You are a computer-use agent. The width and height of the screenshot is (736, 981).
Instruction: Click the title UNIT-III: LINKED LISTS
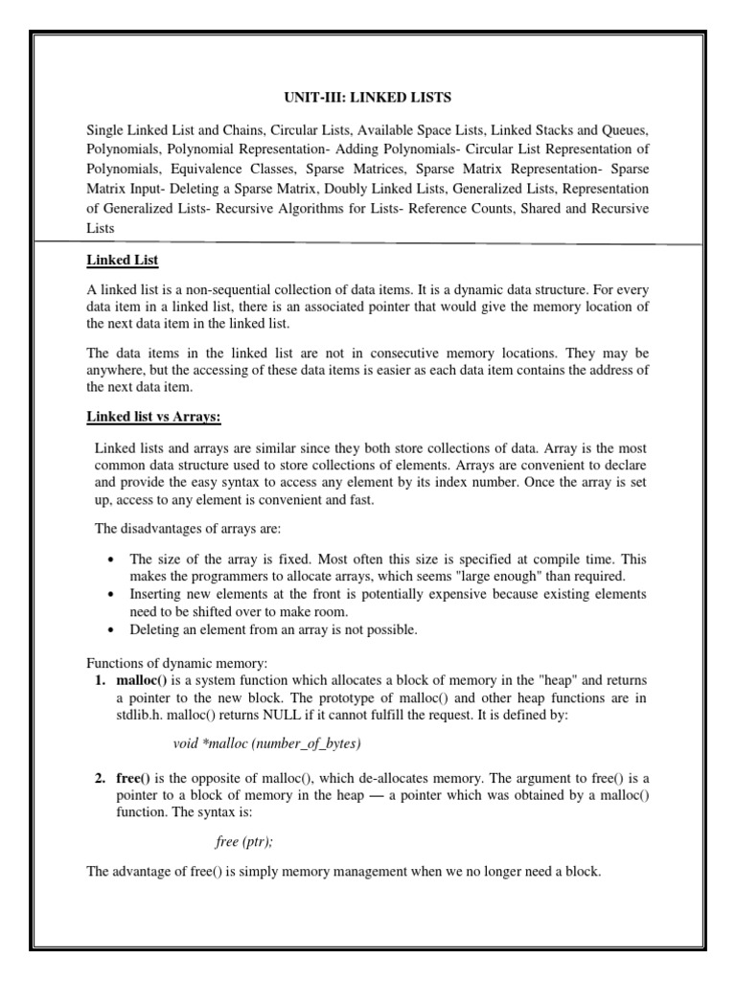(x=367, y=98)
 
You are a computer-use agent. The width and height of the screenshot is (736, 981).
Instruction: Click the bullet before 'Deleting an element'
(x=112, y=629)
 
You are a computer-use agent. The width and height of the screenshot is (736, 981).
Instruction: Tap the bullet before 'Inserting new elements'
(x=112, y=595)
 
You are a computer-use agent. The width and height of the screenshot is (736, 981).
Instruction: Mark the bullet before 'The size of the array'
(x=112, y=559)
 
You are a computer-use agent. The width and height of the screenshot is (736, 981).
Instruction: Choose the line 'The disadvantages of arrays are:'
(x=183, y=528)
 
